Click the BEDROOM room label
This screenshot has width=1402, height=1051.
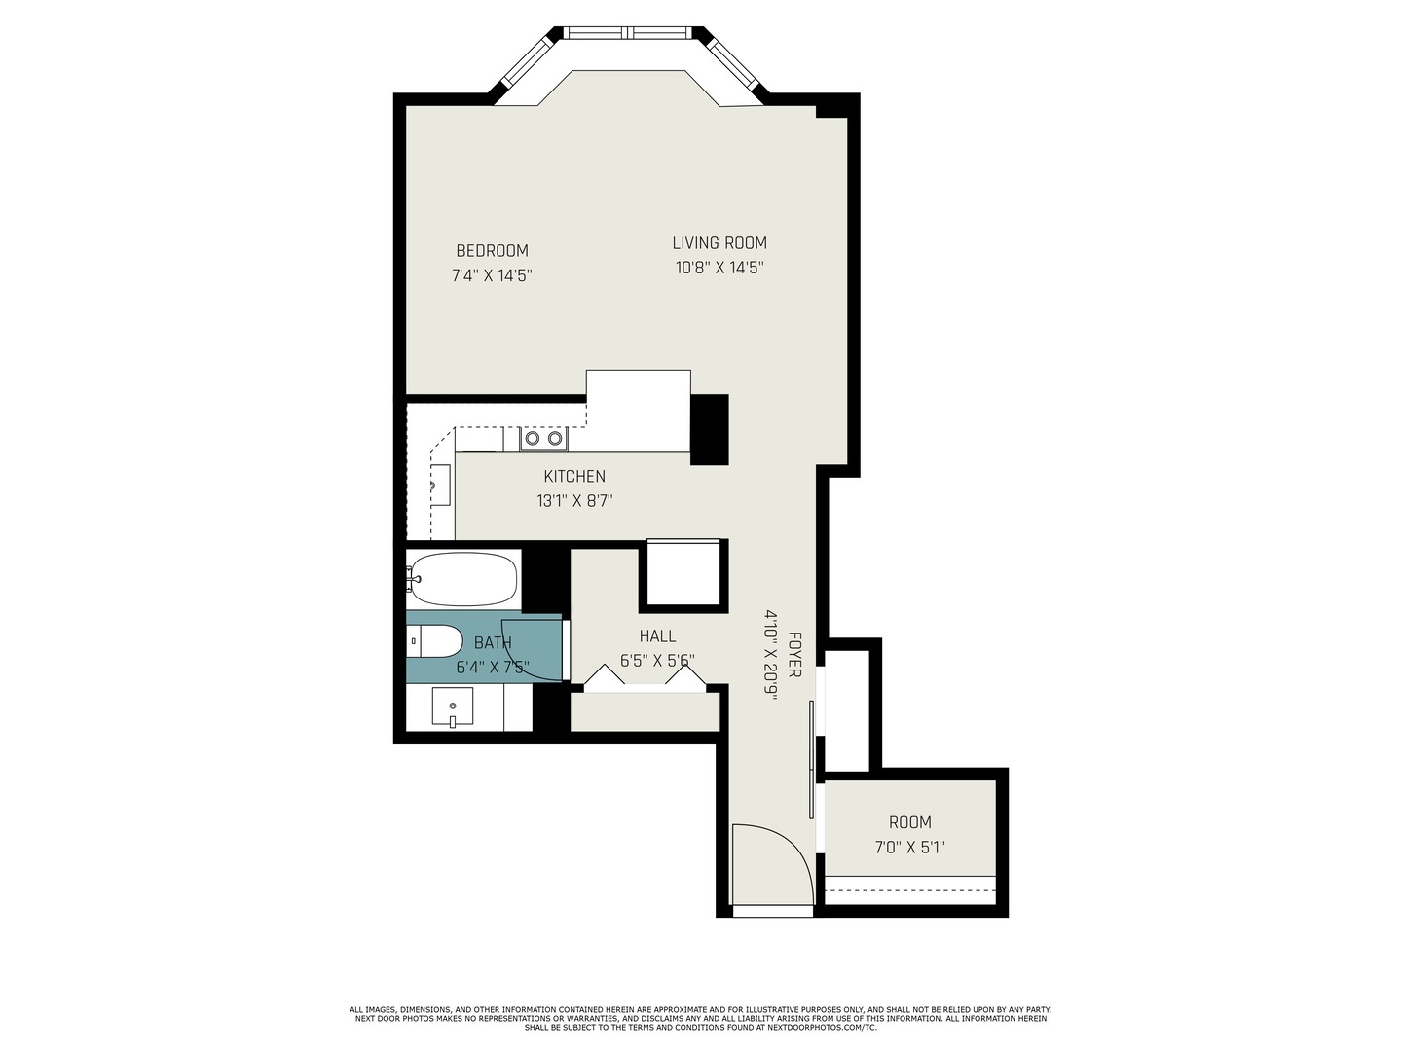click(492, 251)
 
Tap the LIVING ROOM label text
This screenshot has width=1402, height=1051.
click(719, 243)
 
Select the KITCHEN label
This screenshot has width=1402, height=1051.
click(574, 477)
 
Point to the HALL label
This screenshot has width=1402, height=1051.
click(657, 636)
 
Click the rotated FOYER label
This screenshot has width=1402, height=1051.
click(794, 656)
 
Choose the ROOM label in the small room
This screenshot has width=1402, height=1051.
click(909, 822)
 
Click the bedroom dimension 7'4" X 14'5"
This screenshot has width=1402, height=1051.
click(492, 275)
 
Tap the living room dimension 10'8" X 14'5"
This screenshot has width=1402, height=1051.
click(719, 269)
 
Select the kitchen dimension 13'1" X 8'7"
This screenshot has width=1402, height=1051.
click(574, 502)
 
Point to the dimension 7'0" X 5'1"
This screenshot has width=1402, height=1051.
click(909, 848)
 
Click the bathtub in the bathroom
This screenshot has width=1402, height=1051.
click(462, 579)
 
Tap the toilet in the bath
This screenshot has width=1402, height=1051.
click(435, 641)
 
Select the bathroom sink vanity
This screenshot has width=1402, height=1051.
click(453, 707)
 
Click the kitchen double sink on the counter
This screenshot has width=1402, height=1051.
click(543, 439)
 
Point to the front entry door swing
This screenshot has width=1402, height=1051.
click(769, 866)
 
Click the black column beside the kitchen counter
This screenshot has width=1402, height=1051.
click(710, 429)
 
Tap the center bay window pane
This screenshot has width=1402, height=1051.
click(629, 33)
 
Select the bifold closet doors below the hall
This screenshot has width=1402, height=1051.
click(644, 678)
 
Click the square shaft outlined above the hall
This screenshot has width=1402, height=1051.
click(683, 575)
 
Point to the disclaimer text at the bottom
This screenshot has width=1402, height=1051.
click(700, 1018)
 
